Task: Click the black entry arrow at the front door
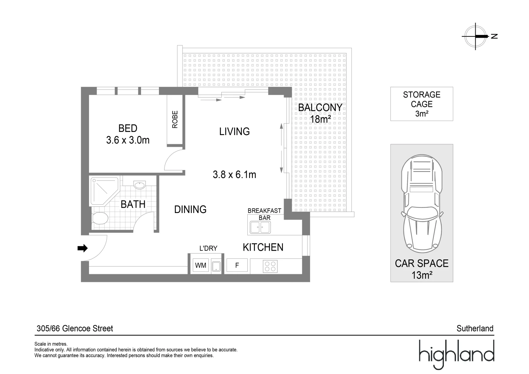(x=82, y=248)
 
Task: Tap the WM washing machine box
(x=201, y=266)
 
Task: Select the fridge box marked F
(x=237, y=266)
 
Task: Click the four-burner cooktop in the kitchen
(x=270, y=266)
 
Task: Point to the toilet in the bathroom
(x=100, y=218)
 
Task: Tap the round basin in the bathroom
(x=140, y=185)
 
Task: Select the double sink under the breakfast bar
(x=261, y=228)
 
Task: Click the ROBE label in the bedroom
(x=175, y=119)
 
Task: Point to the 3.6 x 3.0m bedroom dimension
(x=128, y=140)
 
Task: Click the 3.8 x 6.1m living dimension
(x=235, y=175)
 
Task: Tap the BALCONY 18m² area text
(x=320, y=113)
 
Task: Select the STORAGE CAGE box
(x=422, y=104)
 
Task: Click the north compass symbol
(x=476, y=36)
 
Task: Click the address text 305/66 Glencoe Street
(x=75, y=328)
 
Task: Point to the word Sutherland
(x=475, y=328)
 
